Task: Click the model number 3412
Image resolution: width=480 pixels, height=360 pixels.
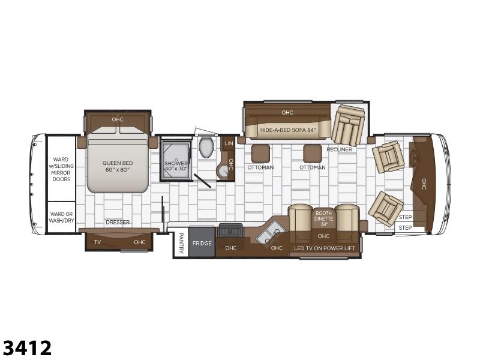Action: point(27,348)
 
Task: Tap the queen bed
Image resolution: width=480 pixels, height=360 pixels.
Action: point(118,160)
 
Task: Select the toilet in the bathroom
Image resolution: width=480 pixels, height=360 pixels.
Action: point(206,147)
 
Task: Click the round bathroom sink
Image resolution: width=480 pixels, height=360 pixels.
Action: point(224,171)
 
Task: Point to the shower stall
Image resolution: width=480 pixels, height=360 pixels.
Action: point(176,161)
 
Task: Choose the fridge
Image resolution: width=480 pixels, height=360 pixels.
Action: point(202,243)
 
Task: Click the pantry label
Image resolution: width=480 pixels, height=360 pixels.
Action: point(181,244)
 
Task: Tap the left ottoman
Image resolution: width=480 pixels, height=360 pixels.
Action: point(261,154)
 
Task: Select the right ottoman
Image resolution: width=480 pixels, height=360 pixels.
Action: point(313,154)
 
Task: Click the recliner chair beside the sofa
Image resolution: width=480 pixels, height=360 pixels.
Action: point(349,125)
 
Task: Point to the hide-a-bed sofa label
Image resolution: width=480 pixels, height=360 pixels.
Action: point(287,130)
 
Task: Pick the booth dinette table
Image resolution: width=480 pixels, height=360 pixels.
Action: point(323,220)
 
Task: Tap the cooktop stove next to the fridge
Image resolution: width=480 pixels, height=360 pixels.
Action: point(230,230)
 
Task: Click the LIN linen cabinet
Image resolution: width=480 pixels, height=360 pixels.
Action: point(229,143)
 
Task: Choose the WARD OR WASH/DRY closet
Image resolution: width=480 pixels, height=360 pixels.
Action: point(62,217)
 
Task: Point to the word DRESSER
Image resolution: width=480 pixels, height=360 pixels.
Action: point(118,222)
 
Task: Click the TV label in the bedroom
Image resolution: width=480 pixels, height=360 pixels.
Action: point(97,242)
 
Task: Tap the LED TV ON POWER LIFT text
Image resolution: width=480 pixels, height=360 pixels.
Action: point(325,248)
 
